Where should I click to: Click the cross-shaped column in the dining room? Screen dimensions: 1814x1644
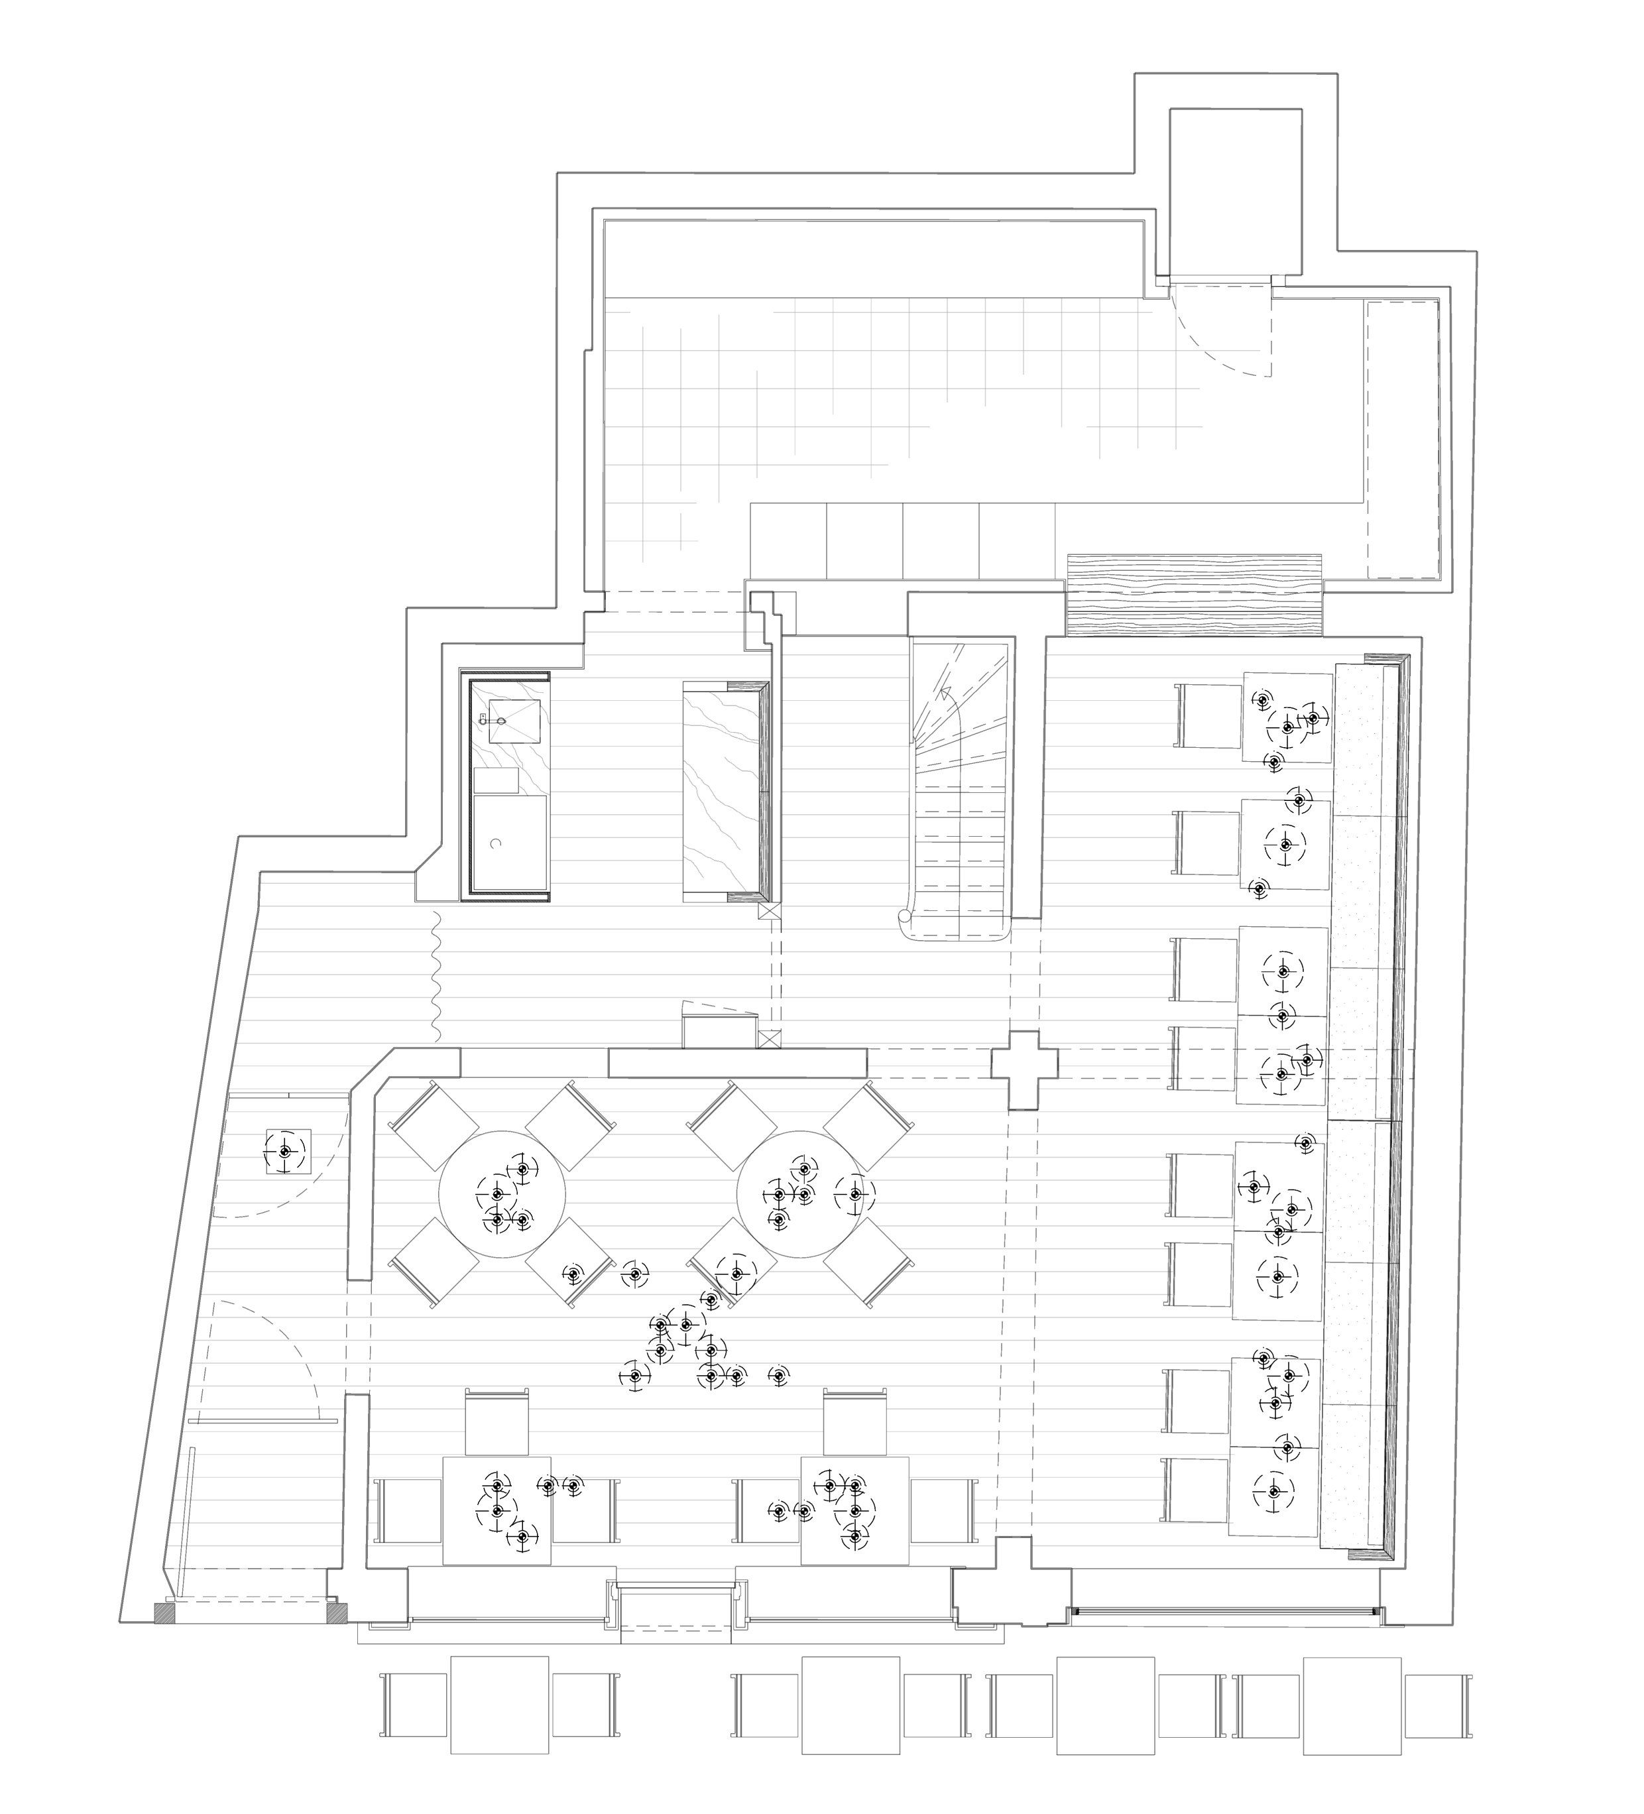point(1023,1069)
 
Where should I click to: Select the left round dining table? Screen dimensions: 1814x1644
point(501,1194)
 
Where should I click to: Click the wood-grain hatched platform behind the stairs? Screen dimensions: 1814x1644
point(1193,595)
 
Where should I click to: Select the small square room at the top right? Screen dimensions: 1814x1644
point(1234,191)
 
